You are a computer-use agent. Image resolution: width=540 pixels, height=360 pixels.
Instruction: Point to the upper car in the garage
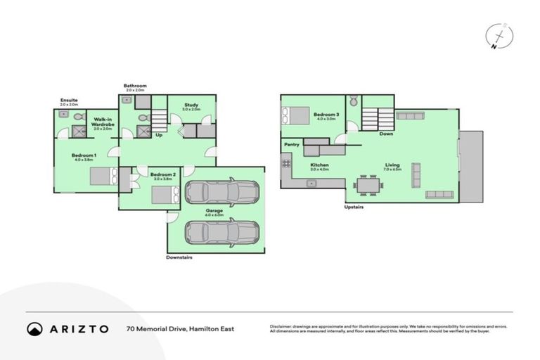pyautogui.click(x=221, y=193)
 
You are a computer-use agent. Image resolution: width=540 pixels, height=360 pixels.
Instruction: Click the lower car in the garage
pyautogui.click(x=221, y=231)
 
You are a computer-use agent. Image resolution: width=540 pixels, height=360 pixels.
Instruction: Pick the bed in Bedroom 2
pyautogui.click(x=166, y=194)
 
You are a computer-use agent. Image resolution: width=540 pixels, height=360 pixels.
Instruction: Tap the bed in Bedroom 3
pyautogui.click(x=295, y=115)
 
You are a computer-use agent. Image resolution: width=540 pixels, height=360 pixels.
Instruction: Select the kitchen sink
pyautogui.click(x=312, y=183)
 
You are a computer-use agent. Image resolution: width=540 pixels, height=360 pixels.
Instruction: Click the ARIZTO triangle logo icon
pyautogui.click(x=35, y=328)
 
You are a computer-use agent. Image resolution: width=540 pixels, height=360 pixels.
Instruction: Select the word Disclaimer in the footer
pyautogui.click(x=281, y=326)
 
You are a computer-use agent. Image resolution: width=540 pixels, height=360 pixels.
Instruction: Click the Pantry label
pyautogui.click(x=292, y=145)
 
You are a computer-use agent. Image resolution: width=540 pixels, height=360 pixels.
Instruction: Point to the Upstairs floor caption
pyautogui.click(x=354, y=207)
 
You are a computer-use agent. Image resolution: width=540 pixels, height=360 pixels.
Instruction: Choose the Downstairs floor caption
pyautogui.click(x=179, y=257)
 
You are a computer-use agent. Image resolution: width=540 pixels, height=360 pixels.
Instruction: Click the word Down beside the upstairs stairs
pyautogui.click(x=386, y=134)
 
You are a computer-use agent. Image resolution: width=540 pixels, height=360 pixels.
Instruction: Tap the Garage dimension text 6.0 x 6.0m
pyautogui.click(x=214, y=214)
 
